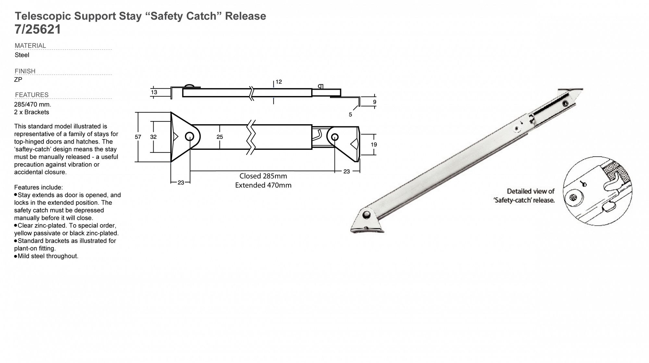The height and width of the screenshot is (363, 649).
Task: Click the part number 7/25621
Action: click(x=38, y=30)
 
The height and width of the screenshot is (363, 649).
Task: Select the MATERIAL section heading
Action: click(x=30, y=46)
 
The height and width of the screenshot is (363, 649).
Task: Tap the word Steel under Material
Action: click(x=22, y=55)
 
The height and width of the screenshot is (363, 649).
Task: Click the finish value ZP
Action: click(x=18, y=80)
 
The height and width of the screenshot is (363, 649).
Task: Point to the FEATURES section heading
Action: click(x=32, y=95)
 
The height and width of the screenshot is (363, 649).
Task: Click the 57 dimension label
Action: click(x=138, y=137)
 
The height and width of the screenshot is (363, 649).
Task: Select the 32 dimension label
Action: click(x=153, y=137)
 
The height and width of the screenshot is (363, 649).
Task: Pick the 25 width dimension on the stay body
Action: click(x=220, y=137)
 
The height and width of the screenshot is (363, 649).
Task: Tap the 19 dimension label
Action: click(x=374, y=145)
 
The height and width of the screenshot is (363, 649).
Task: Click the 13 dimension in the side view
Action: click(x=154, y=92)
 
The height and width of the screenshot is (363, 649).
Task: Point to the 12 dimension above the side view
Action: click(x=279, y=82)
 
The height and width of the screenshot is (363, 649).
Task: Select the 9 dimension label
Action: click(x=375, y=102)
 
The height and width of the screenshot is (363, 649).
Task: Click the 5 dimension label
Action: click(x=350, y=115)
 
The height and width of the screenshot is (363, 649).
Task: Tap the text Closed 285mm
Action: click(x=263, y=176)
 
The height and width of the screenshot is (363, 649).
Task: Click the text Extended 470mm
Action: click(x=263, y=185)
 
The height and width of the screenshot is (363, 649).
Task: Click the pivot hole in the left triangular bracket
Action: click(x=190, y=137)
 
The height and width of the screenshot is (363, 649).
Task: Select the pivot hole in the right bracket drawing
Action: click(x=335, y=137)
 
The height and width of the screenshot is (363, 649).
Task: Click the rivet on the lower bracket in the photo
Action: click(x=367, y=214)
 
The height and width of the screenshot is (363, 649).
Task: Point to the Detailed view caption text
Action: click(x=524, y=196)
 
